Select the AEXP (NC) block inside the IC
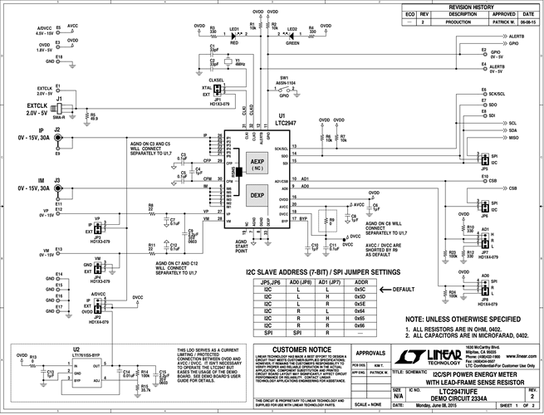coord(257,164)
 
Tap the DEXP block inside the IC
coord(257,196)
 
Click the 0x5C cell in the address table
coord(360,290)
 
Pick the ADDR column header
coord(360,282)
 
